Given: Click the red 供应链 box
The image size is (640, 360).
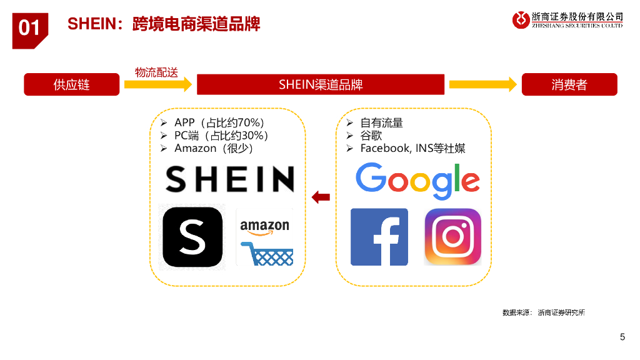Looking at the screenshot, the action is tap(71, 84).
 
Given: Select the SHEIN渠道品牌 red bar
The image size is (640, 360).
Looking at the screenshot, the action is tap(321, 84).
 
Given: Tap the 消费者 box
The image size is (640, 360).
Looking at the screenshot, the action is tap(569, 84).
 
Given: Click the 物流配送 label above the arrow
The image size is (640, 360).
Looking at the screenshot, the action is tap(156, 72).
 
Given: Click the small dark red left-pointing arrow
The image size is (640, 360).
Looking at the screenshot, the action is tap(321, 197).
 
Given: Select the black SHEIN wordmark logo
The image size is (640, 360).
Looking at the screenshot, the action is tap(229, 179).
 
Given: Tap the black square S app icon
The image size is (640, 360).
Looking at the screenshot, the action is tap(192, 237).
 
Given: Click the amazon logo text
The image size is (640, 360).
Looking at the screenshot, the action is tap(264, 226).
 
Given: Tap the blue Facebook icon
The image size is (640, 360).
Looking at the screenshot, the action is tap(379, 237).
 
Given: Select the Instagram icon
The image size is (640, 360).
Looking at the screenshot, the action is tap(452, 237).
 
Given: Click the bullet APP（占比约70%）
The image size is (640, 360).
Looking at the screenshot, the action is tap(219, 122).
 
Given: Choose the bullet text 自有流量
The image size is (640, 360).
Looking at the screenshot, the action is tap(381, 122).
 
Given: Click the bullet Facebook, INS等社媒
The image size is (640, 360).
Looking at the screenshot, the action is tap(412, 148).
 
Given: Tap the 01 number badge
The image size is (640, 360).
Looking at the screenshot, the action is tap(29, 28).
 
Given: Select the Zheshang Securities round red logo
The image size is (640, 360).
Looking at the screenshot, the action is tap(521, 20).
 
